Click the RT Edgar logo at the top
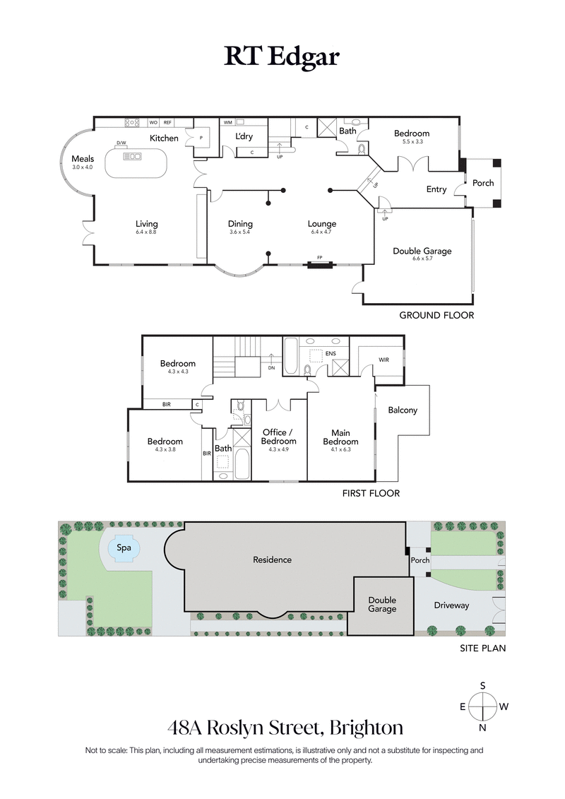pyautogui.click(x=282, y=57)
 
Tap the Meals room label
pyautogui.click(x=83, y=159)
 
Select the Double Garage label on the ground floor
pyautogui.click(x=422, y=251)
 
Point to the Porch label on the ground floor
pyautogui.click(x=483, y=183)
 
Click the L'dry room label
pyautogui.click(x=244, y=136)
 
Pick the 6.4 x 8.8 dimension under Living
pyautogui.click(x=146, y=232)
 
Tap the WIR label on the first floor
pyautogui.click(x=383, y=360)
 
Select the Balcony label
pyautogui.click(x=403, y=410)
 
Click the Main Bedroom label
pyautogui.click(x=340, y=437)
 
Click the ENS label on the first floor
pyautogui.click(x=331, y=353)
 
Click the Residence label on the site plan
pyautogui.click(x=272, y=560)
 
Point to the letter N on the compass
pyautogui.click(x=483, y=728)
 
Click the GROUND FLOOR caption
pyautogui.click(x=436, y=315)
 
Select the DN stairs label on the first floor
pyautogui.click(x=272, y=367)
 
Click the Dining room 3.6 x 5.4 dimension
pyautogui.click(x=240, y=232)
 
